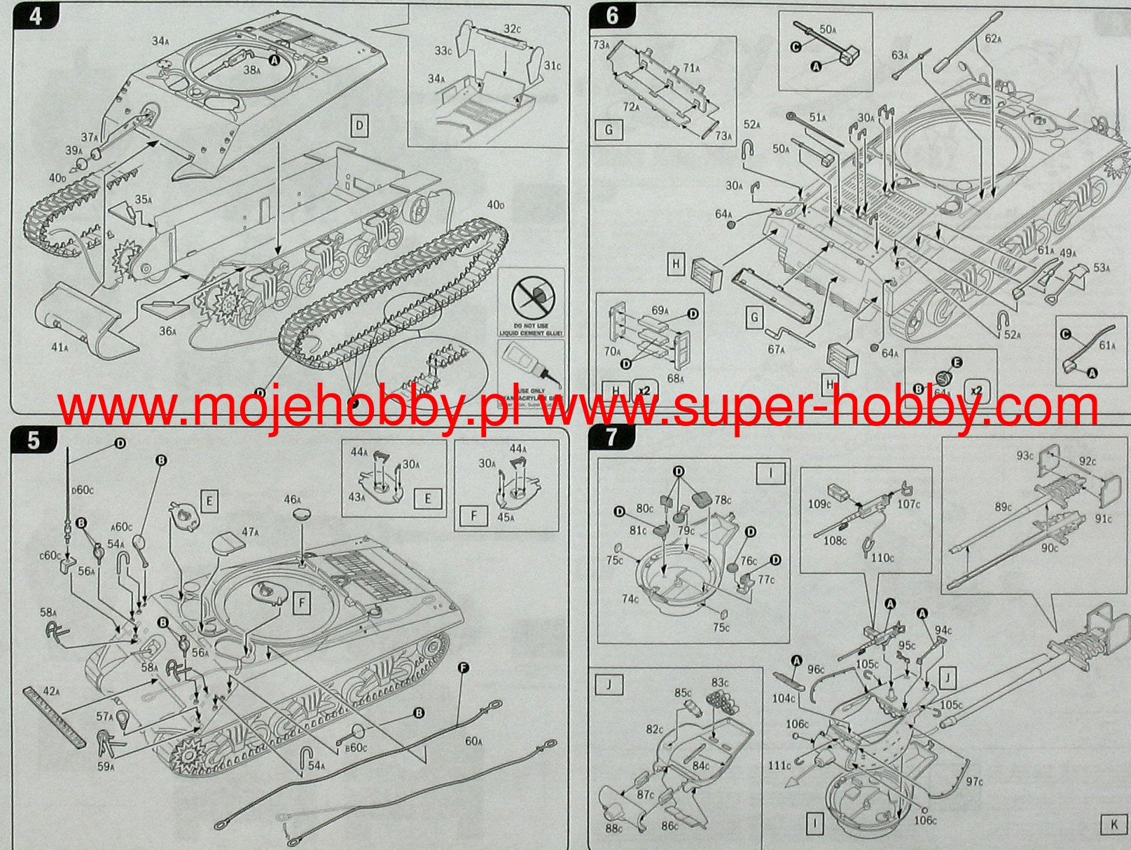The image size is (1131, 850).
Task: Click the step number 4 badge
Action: tap(35, 15)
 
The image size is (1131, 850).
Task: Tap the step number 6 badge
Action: tap(611, 15)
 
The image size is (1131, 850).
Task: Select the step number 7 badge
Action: tap(611, 437)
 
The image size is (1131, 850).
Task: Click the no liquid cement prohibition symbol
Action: tap(531, 299)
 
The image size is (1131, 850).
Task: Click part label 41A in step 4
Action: tap(60, 348)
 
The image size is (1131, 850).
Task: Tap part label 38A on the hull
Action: tap(251, 70)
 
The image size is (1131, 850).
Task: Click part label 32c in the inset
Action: tap(512, 29)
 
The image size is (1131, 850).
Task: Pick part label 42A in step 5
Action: tap(52, 692)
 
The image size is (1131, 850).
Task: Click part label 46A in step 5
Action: tap(293, 500)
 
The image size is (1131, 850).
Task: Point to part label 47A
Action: tap(250, 532)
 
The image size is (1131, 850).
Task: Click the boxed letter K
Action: tap(1113, 825)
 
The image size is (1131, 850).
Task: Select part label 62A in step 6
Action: tap(993, 39)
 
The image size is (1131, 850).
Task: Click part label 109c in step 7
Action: tap(819, 504)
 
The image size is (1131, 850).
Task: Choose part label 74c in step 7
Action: tap(630, 598)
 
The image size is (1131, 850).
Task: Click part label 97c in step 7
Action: tap(973, 781)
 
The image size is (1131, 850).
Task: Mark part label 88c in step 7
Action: tap(613, 829)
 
